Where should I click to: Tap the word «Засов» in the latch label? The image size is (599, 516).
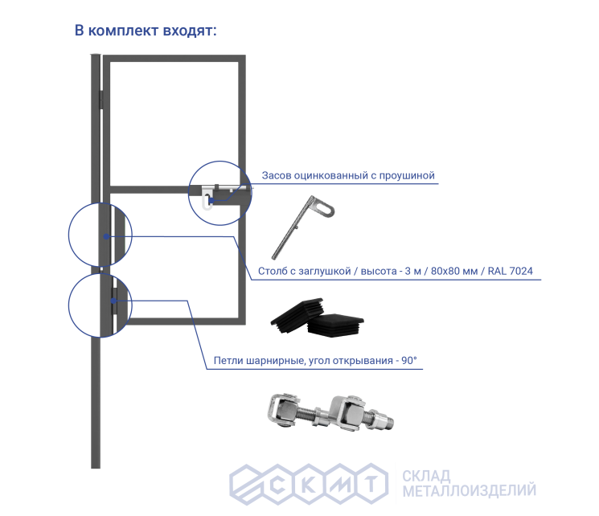click(279, 174)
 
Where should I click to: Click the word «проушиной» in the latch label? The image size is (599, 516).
click(408, 174)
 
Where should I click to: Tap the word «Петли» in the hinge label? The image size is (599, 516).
click(231, 361)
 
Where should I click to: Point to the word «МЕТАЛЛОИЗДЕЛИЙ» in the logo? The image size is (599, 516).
click(469, 490)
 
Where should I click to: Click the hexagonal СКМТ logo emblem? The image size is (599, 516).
click(306, 482)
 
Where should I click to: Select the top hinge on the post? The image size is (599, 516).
click(102, 99)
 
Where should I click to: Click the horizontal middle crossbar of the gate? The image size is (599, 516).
click(153, 190)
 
